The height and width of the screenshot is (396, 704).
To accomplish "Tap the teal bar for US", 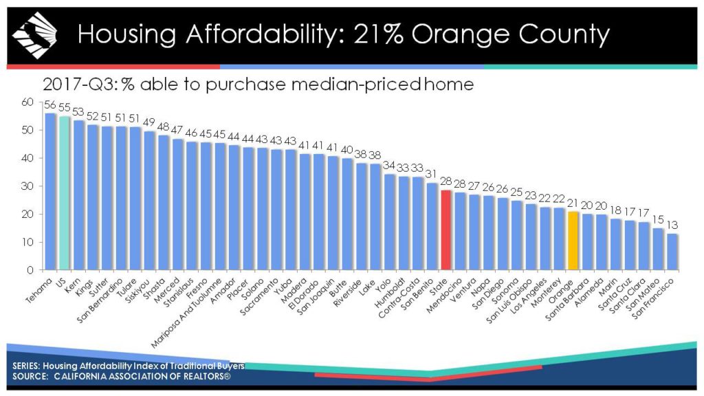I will point(64,192).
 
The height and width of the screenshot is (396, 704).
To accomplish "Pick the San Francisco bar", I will point(672,252).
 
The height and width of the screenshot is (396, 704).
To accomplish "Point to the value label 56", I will point(50,106).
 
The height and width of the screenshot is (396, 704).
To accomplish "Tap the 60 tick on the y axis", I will point(27,102).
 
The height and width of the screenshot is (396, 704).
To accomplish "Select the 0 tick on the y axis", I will point(30,269).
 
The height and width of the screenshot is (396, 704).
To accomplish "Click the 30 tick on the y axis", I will point(27,186).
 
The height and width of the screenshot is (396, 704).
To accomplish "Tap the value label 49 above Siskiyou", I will point(149,124).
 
